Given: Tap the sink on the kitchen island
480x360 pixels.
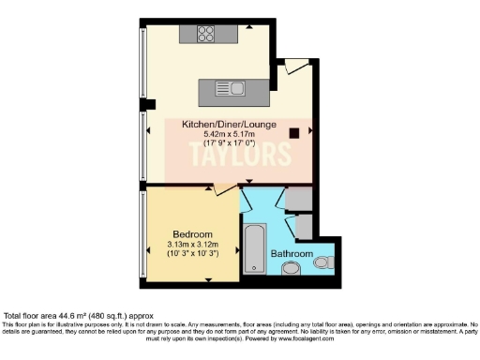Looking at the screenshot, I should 237,90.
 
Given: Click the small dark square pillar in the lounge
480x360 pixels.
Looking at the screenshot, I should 295,133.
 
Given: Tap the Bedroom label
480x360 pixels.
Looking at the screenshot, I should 192,233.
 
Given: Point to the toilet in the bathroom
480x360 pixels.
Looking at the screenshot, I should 324,262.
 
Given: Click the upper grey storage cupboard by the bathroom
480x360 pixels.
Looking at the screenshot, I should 299,199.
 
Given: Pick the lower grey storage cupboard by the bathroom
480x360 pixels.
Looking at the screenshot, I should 303,227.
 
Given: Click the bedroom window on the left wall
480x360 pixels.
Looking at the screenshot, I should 142,233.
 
